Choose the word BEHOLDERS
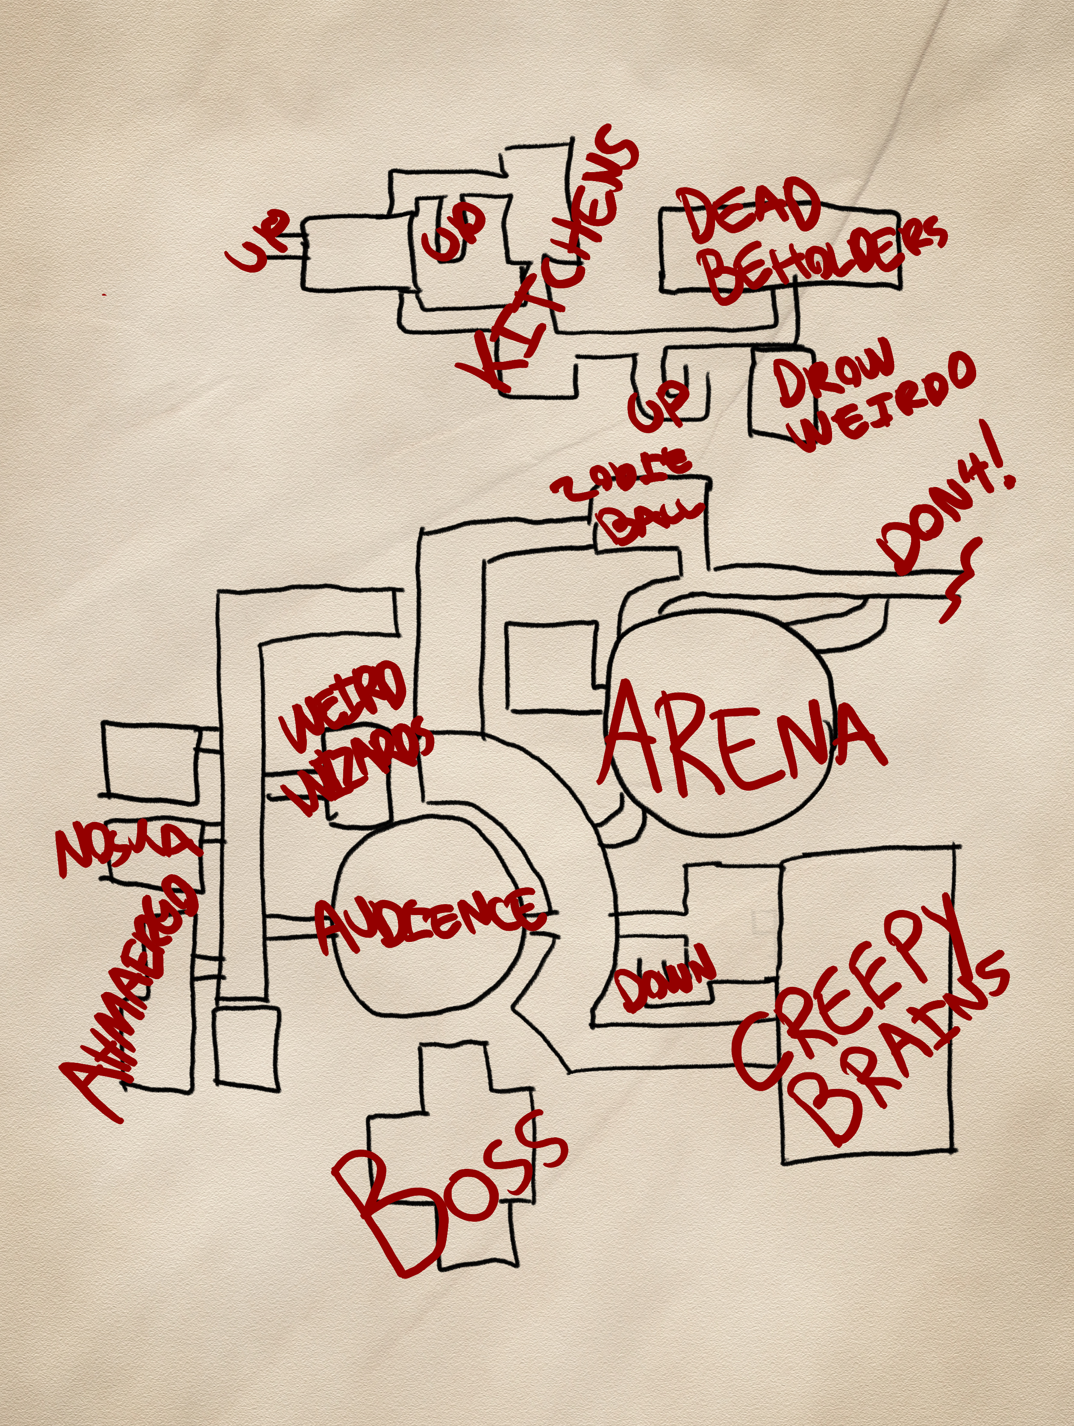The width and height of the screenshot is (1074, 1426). coord(826,258)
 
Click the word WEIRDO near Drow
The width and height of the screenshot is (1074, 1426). coord(887,406)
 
